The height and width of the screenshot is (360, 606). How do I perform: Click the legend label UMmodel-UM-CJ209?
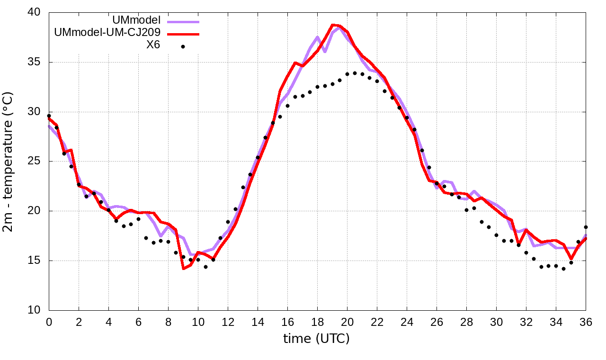(107, 33)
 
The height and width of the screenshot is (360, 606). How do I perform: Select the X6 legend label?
(153, 45)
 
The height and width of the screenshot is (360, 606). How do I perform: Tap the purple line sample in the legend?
(182, 21)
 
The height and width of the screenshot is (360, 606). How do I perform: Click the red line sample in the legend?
(182, 34)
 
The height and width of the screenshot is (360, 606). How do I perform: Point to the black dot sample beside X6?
(183, 46)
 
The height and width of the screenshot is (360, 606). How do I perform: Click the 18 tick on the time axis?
(317, 322)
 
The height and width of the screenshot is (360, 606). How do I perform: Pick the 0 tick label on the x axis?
(49, 322)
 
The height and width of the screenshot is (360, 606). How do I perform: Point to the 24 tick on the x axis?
(407, 322)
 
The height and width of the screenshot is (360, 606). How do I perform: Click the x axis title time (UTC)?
(316, 339)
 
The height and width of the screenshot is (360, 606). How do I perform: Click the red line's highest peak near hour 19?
(332, 25)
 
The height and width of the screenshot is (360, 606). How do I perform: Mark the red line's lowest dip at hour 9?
(183, 269)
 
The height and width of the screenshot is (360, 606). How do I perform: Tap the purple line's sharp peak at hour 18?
(318, 37)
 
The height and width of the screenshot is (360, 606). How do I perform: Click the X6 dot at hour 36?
(586, 227)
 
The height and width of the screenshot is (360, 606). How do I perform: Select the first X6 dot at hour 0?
(49, 116)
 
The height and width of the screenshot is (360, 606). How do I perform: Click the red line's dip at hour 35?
(571, 259)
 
